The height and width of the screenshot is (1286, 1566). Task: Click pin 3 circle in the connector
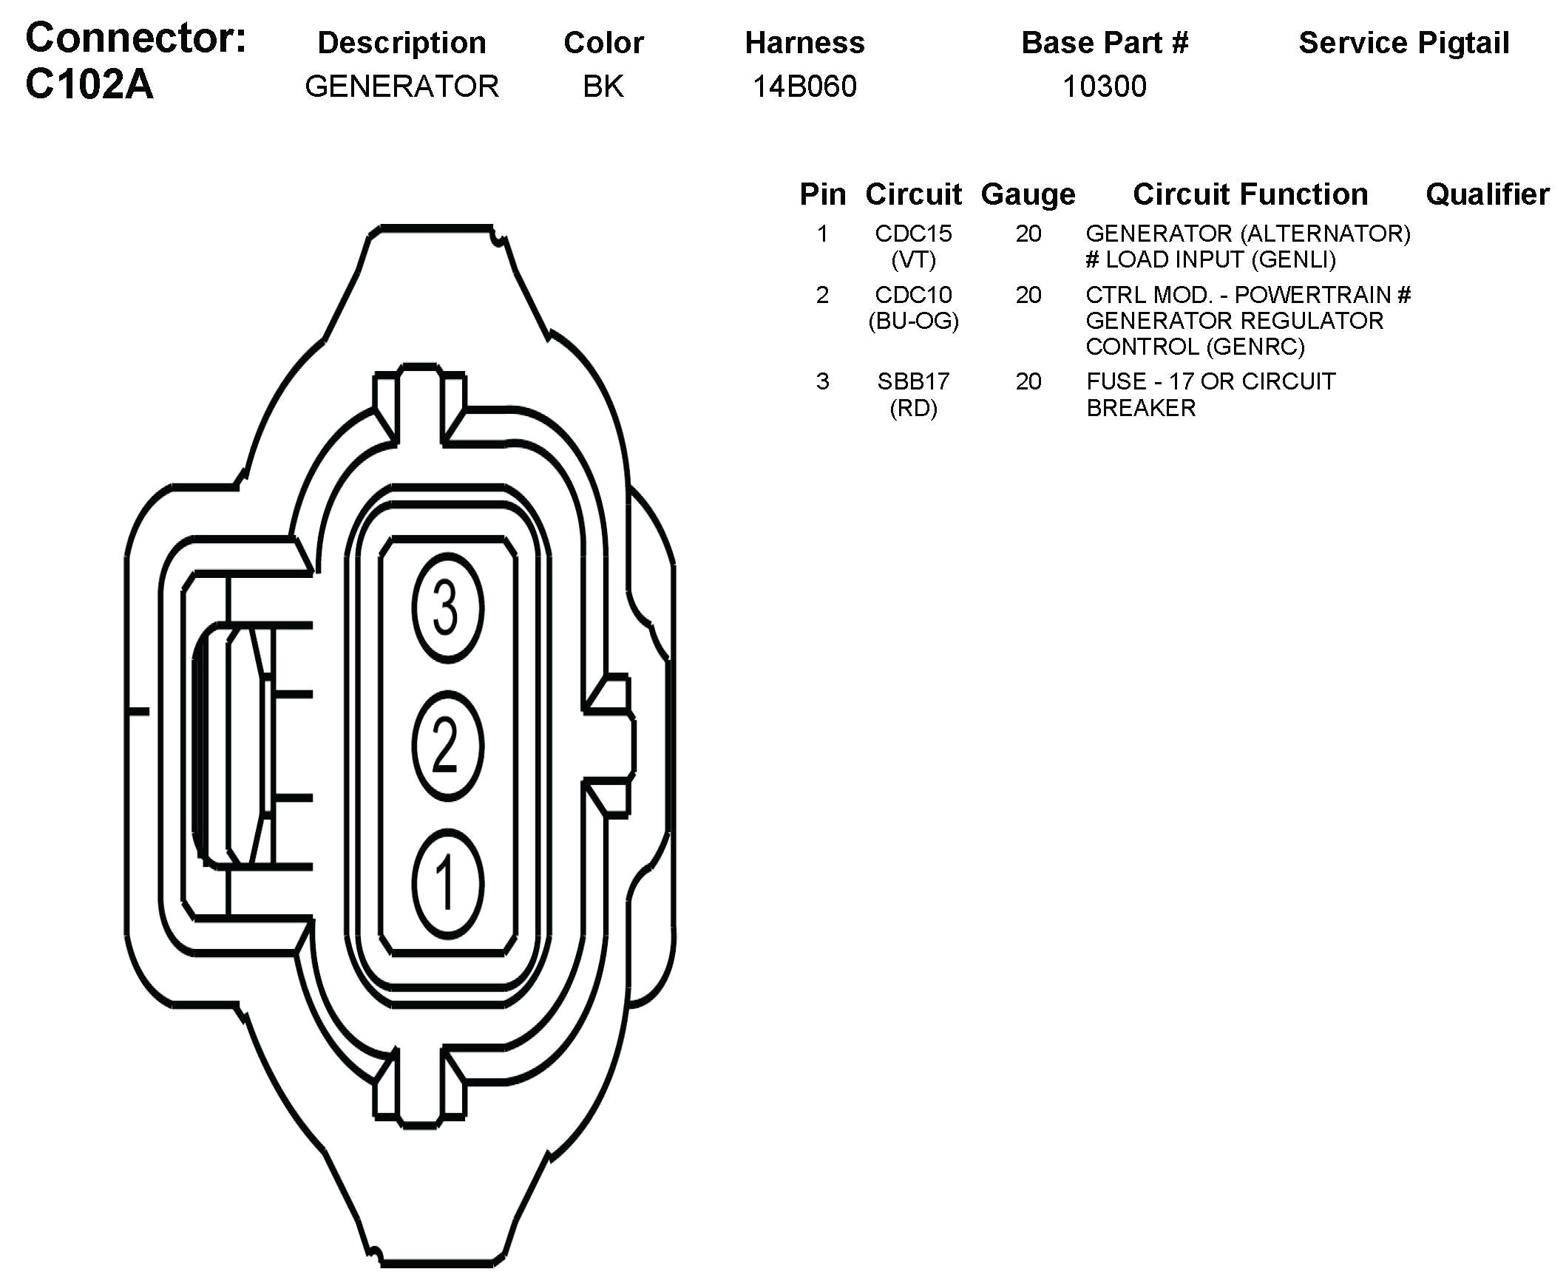447,608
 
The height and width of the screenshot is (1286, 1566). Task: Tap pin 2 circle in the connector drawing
447,746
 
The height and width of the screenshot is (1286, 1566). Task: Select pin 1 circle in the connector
447,884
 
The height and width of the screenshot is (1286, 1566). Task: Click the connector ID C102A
89,84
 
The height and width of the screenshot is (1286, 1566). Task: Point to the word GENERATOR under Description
401,86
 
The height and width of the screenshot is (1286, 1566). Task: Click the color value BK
603,86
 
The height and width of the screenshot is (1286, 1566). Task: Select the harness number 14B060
804,86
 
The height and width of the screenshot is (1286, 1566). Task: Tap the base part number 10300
1104,86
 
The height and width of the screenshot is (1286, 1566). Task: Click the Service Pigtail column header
1403,43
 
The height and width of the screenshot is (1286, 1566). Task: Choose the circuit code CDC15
913,234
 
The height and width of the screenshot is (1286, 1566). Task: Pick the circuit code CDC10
913,295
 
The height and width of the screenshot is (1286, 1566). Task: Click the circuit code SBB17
913,381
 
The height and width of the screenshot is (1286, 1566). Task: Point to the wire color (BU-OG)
913,321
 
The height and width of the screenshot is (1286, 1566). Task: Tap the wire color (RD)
913,408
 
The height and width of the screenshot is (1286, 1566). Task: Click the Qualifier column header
1487,194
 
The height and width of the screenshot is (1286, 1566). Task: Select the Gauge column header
1028,194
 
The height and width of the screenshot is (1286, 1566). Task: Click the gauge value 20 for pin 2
1028,295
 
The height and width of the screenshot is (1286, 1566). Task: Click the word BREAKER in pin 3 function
1141,408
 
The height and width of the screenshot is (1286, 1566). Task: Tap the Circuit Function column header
1250,194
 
